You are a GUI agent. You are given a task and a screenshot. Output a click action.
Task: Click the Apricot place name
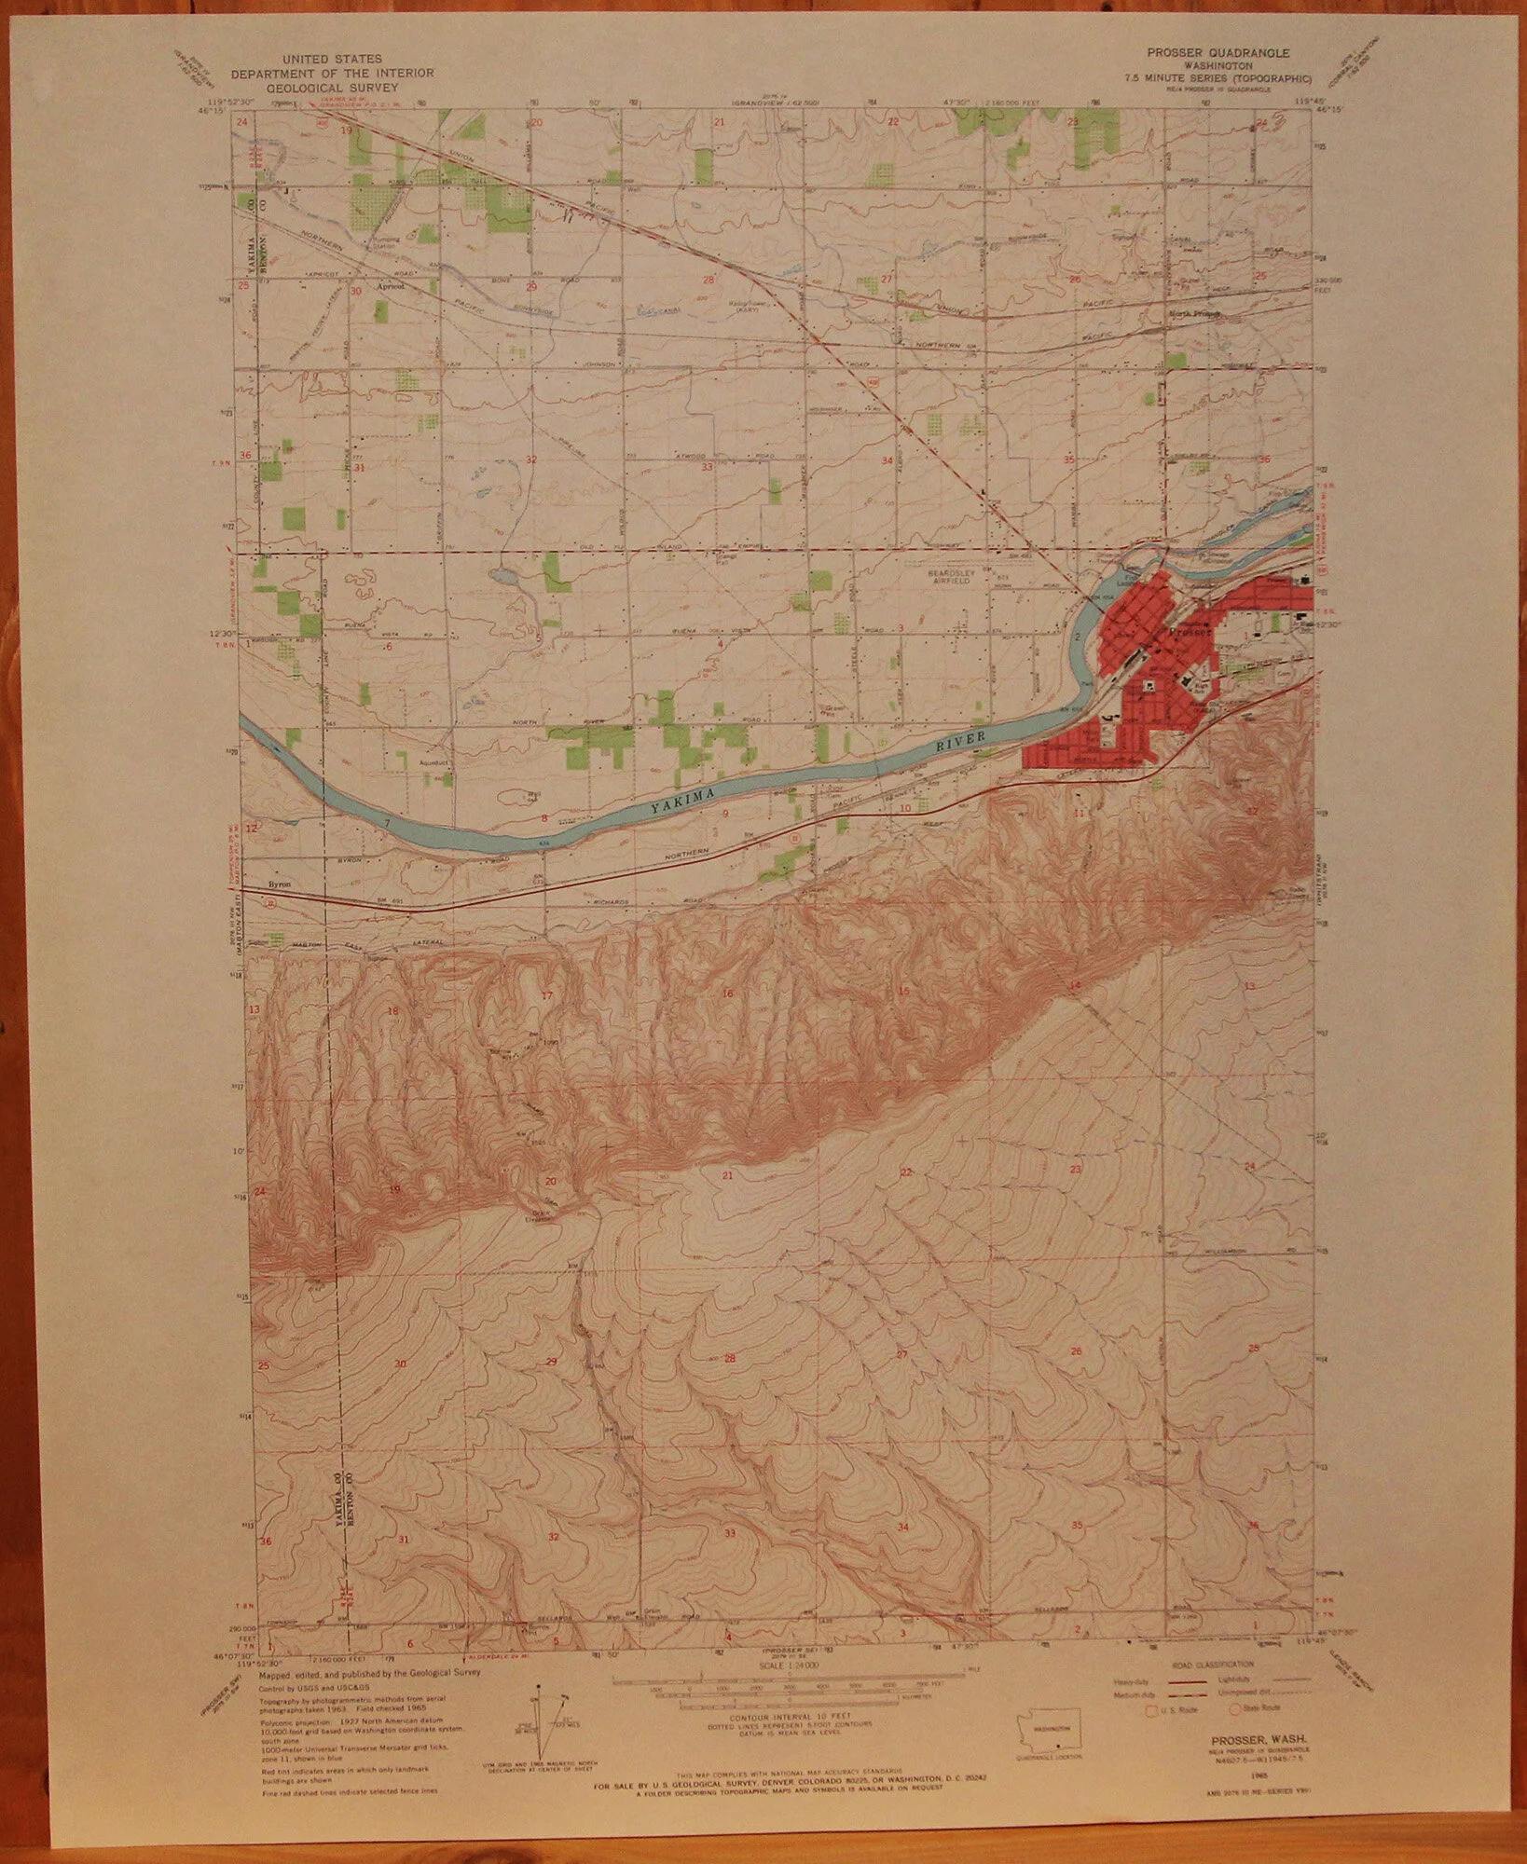390,287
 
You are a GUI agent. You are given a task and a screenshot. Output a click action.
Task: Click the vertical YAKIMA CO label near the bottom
334,1482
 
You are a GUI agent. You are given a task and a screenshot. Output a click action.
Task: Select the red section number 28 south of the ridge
730,1359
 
